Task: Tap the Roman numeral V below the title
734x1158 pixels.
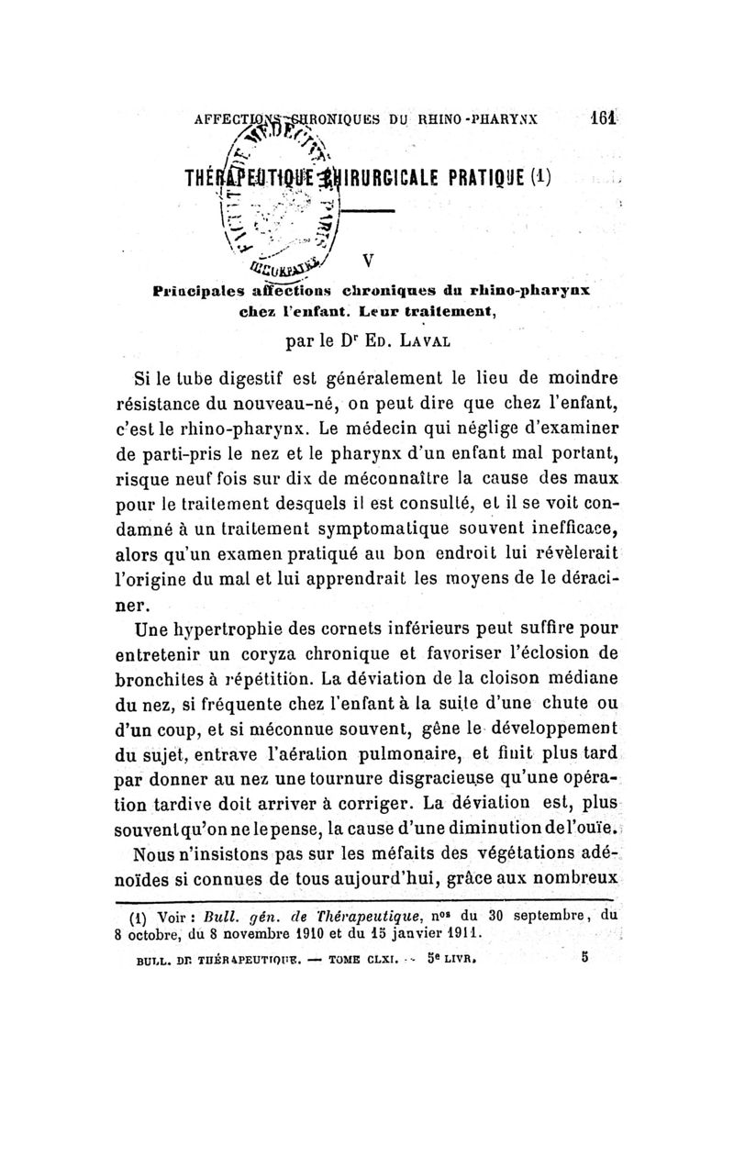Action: click(367, 261)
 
